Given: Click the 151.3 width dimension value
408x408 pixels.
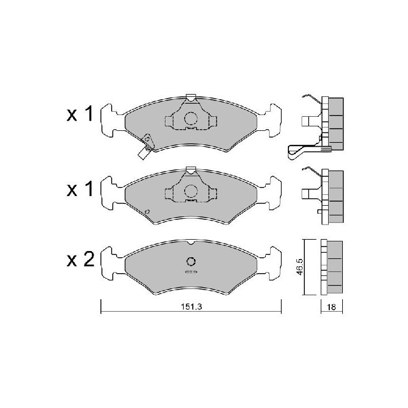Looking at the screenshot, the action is tap(192, 307).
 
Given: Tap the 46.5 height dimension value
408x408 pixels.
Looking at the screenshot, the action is tap(300, 267).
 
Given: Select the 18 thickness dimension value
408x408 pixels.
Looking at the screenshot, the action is tap(331, 307).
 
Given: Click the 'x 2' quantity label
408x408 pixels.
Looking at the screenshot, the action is tap(80, 260).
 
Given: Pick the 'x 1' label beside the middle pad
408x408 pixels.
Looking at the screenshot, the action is tap(80, 189).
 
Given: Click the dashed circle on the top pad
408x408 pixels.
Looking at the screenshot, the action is tap(191, 118).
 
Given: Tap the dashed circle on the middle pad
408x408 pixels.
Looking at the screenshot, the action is tap(191, 191).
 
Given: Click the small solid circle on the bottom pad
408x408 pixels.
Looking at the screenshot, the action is tap(191, 261).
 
